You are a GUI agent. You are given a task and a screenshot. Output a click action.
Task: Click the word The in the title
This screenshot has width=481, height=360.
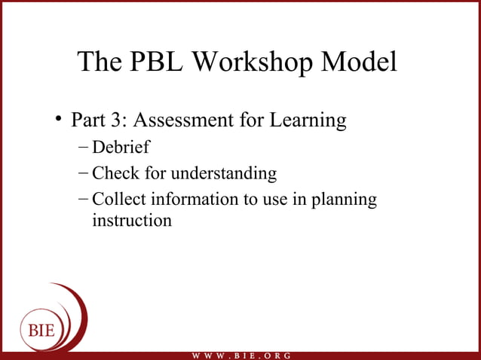point(100,63)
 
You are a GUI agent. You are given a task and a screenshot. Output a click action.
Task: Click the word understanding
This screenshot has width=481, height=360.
point(224,174)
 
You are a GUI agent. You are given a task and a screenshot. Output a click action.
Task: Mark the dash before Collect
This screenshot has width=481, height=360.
point(83,200)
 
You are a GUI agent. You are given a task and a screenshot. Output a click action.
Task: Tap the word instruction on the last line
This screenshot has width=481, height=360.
point(131,221)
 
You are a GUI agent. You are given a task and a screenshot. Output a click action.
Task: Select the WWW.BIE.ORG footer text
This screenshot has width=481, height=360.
point(240,355)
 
